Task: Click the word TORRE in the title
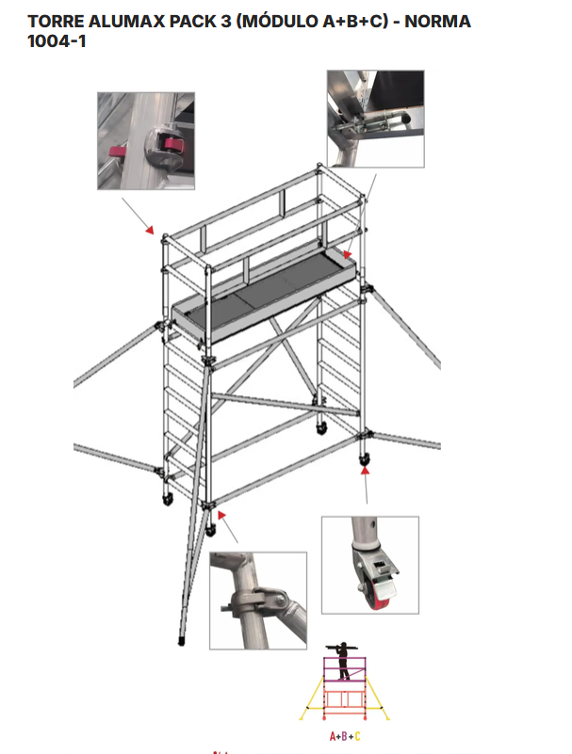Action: pyautogui.click(x=56, y=22)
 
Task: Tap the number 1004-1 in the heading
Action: pyautogui.click(x=57, y=41)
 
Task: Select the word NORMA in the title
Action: pyautogui.click(x=437, y=22)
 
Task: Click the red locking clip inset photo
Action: pyautogui.click(x=146, y=141)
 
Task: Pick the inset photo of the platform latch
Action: pyautogui.click(x=376, y=119)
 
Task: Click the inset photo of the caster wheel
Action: pyautogui.click(x=370, y=565)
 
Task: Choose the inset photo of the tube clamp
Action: pyautogui.click(x=258, y=601)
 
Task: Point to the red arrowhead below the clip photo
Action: pyautogui.click(x=150, y=231)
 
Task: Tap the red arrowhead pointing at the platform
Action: pyautogui.click(x=348, y=254)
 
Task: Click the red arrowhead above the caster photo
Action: pyautogui.click(x=366, y=471)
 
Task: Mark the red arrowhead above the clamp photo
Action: pyautogui.click(x=221, y=515)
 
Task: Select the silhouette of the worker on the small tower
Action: pyautogui.click(x=343, y=660)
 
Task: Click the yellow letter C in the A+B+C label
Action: pyautogui.click(x=358, y=736)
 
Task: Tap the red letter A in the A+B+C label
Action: pyautogui.click(x=333, y=736)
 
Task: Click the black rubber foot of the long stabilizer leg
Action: pyautogui.click(x=182, y=641)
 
